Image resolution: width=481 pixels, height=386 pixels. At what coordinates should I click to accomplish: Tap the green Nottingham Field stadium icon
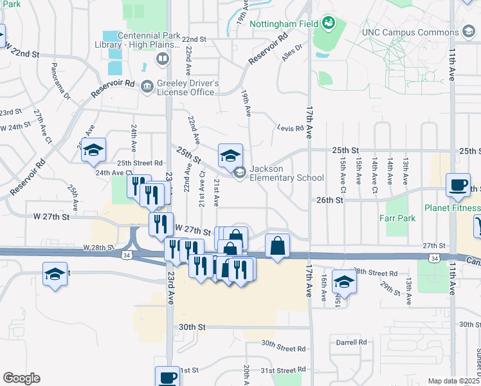[329, 24]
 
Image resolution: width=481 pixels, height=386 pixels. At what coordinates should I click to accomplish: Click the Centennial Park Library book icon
[163, 60]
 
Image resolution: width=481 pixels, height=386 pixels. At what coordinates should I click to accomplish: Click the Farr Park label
[397, 218]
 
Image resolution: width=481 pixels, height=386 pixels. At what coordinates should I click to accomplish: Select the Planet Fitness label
[451, 208]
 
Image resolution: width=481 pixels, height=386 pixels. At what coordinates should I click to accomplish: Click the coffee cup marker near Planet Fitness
[458, 186]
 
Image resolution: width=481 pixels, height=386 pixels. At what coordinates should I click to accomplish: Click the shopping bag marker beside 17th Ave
[277, 246]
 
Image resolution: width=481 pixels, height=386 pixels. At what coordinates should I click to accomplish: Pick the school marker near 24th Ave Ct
[94, 151]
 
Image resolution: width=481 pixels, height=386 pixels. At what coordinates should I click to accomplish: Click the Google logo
[21, 378]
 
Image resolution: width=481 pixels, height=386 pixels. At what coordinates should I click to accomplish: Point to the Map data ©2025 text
[454, 381]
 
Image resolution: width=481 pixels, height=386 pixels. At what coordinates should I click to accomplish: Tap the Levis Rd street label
[289, 129]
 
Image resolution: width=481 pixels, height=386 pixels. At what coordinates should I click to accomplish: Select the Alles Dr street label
[291, 53]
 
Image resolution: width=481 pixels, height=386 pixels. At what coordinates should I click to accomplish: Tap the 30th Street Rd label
[283, 349]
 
